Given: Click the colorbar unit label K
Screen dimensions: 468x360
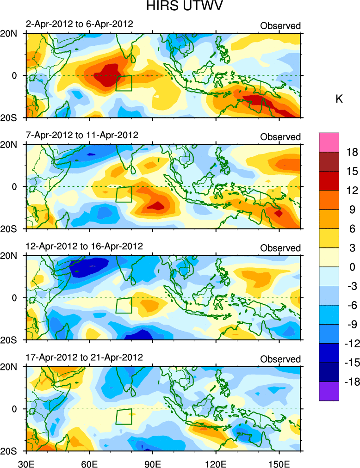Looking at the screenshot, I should click(339, 99).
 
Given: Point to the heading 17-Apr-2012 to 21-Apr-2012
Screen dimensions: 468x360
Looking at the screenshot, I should click(84, 357).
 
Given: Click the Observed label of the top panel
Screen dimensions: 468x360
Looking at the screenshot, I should click(280, 26).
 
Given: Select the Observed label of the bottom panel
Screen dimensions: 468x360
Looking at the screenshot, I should click(280, 359).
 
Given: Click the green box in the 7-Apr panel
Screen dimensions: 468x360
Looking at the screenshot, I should click(124, 194).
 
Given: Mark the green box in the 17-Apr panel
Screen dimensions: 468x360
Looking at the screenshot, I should click(124, 417).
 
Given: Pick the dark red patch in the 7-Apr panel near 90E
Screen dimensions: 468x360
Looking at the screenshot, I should click(157, 205).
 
